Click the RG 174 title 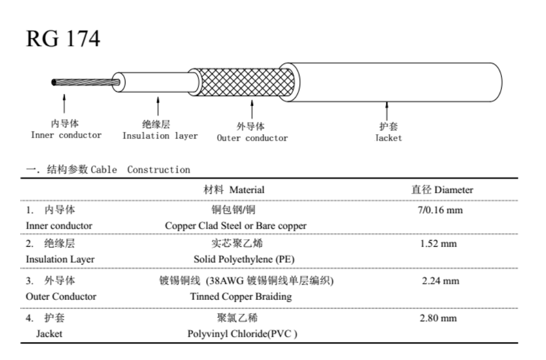tap(63, 38)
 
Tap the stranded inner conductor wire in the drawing tap(85, 82)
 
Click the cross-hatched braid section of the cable tap(245, 82)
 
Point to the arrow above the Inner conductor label tap(64, 103)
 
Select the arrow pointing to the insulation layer tap(158, 106)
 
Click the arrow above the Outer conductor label tap(252, 109)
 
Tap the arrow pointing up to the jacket tap(386, 111)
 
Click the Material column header tap(234, 190)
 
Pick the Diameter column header tap(442, 190)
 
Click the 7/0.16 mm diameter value tap(440, 210)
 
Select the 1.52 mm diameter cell tap(438, 243)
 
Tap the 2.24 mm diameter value tap(440, 280)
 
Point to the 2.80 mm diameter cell tap(438, 318)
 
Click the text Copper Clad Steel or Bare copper tap(236, 226)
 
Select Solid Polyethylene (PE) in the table tap(244, 260)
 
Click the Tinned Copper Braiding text tap(241, 297)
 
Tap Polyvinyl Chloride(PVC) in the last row tap(243, 334)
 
